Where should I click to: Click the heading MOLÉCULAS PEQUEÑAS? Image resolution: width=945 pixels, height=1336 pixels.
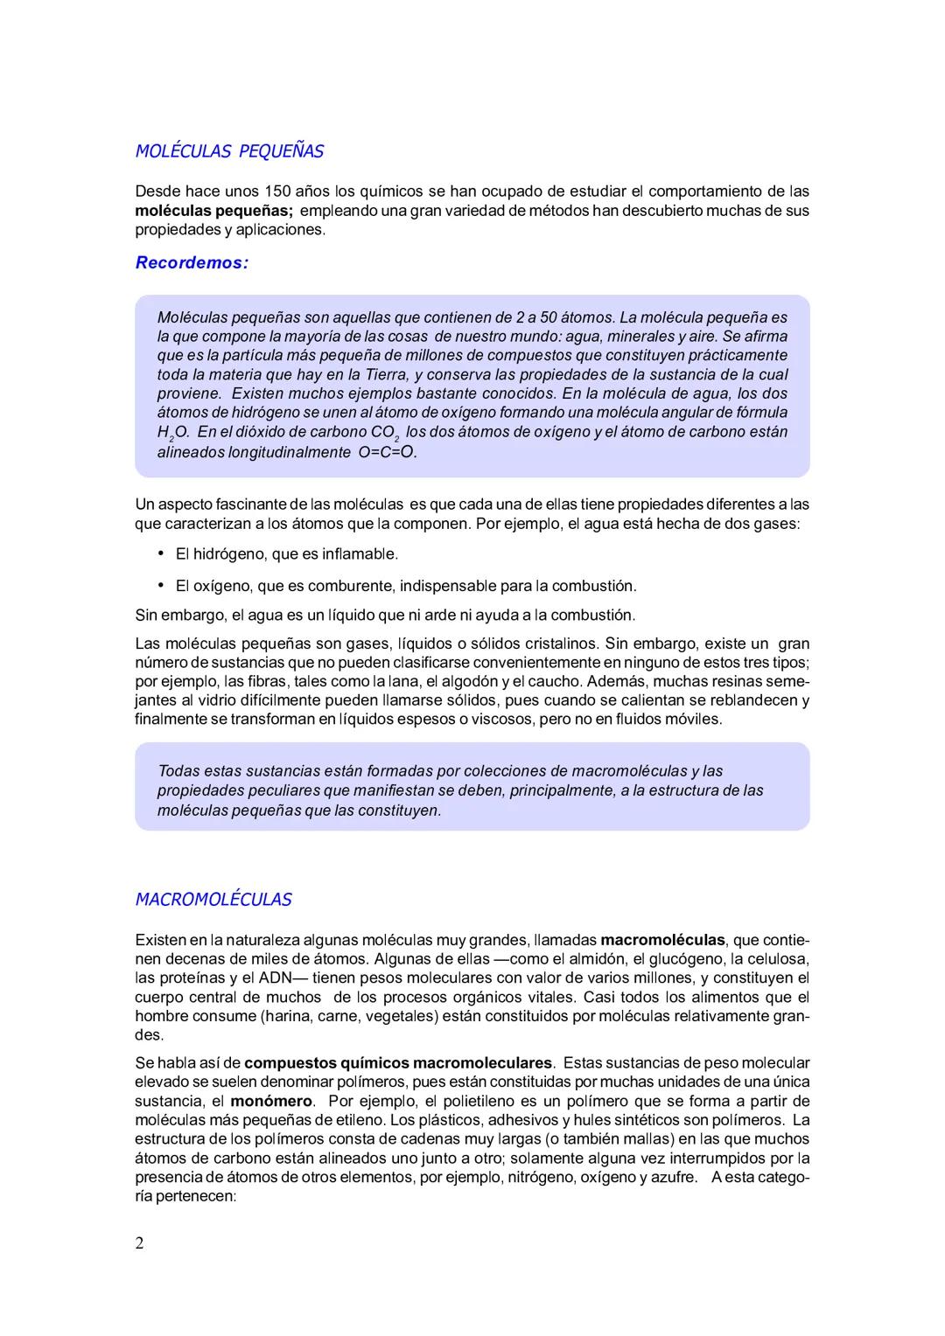pyautogui.click(x=229, y=151)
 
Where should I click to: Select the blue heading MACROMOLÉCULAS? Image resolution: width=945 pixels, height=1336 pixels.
pyautogui.click(x=213, y=900)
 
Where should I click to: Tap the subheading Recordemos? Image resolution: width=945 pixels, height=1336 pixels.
pyautogui.click(x=192, y=262)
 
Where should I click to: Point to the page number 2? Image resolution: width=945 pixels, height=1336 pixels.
pyautogui.click(x=140, y=1243)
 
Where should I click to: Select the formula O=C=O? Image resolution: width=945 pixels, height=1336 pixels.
pyautogui.click(x=388, y=452)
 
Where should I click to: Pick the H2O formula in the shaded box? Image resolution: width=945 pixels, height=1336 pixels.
pyautogui.click(x=173, y=433)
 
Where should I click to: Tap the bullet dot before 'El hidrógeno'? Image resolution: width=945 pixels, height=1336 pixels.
pyautogui.click(x=161, y=553)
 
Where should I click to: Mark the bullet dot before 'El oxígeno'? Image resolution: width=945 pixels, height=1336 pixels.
pyautogui.click(x=161, y=585)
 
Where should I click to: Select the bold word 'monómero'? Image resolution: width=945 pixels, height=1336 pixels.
pyautogui.click(x=271, y=1101)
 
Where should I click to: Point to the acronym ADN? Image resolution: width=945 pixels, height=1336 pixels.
pyautogui.click(x=279, y=978)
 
